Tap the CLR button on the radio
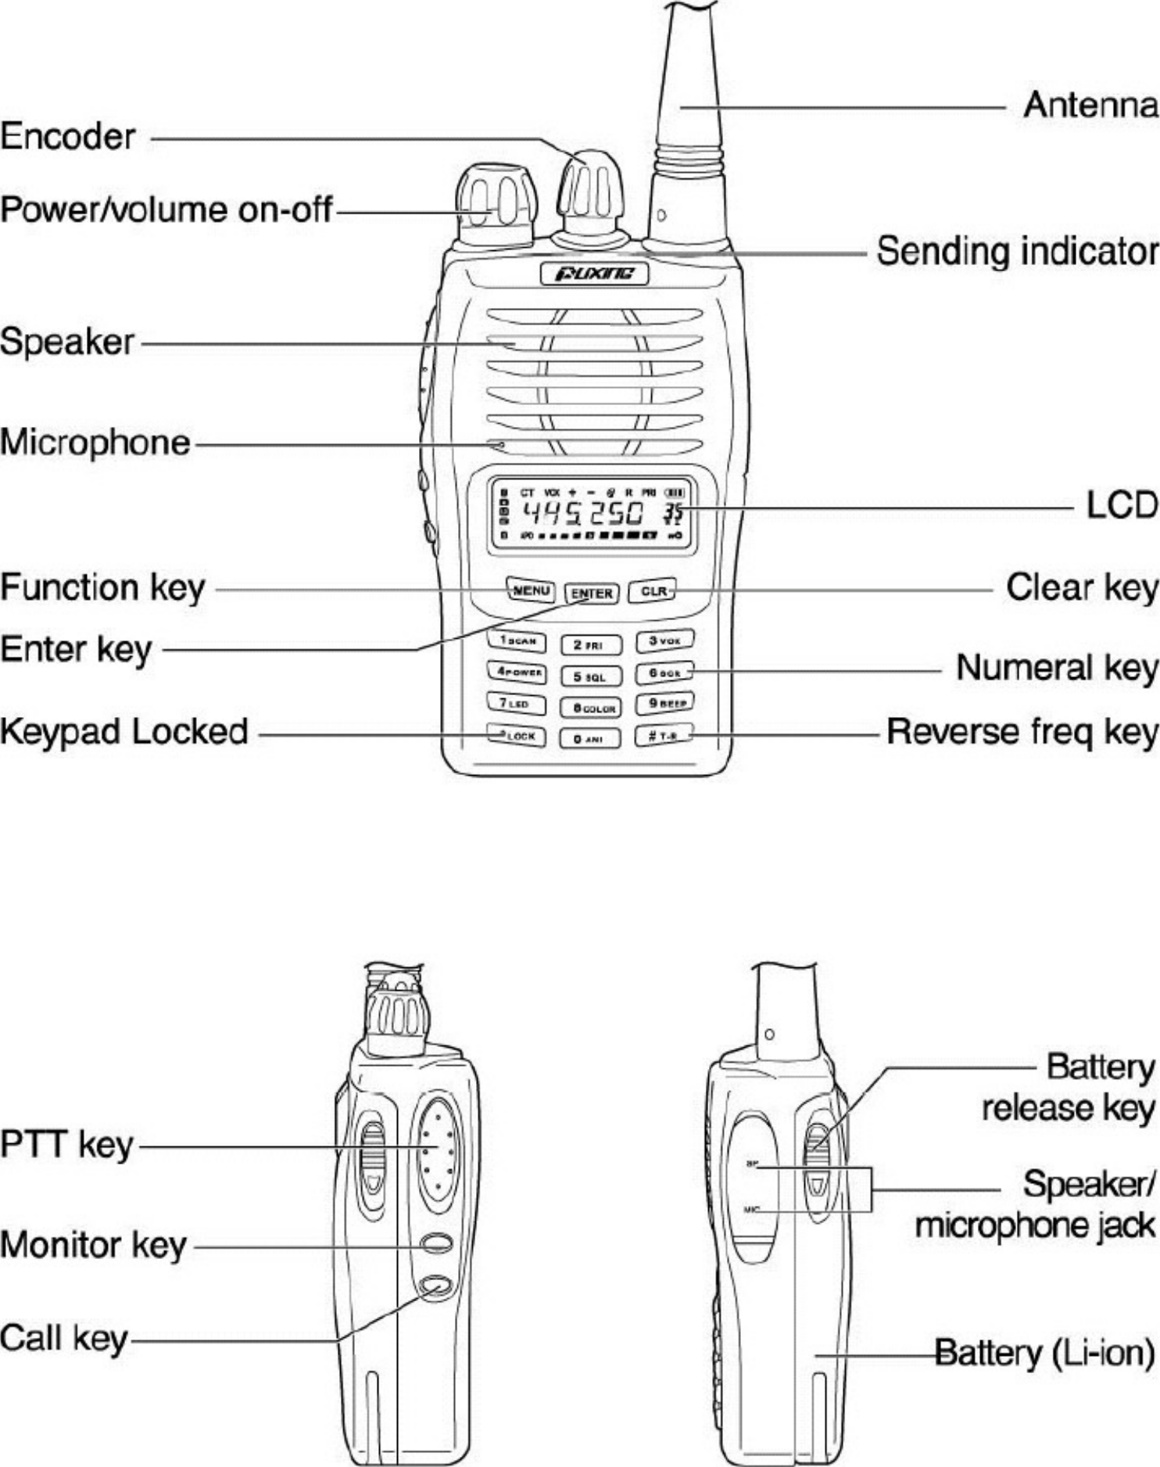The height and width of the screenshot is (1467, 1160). tap(653, 591)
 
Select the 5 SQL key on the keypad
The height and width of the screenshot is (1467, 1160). tap(592, 676)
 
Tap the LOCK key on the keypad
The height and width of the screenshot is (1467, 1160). tap(517, 736)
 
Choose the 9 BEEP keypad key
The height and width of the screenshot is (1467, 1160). tap(665, 704)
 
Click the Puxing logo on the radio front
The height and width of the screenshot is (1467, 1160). tap(594, 274)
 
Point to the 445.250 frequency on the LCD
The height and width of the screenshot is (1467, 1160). tap(582, 514)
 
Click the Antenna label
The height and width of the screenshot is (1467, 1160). tap(1090, 105)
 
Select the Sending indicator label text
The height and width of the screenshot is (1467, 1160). tap(1017, 252)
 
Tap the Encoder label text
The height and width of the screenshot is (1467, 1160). tap(68, 137)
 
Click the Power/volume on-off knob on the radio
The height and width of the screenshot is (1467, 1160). tap(496, 205)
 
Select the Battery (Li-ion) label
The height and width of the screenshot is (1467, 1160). tap(1045, 1352)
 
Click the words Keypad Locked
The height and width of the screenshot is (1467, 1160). tap(124, 732)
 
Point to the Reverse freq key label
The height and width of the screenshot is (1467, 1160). tap(1022, 733)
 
